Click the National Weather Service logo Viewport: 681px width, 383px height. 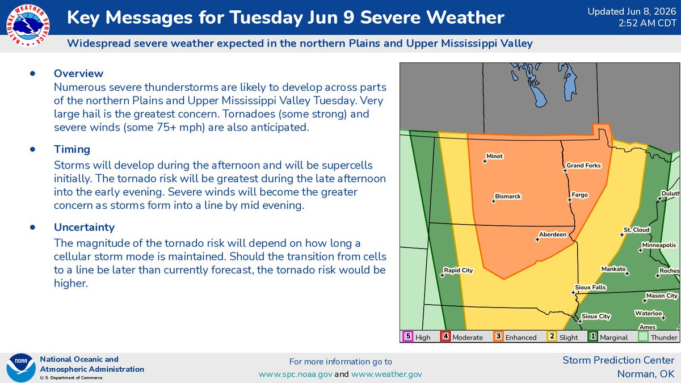pyautogui.click(x=28, y=26)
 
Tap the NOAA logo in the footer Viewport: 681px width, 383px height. pyautogui.click(x=21, y=368)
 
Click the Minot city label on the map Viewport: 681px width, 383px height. pyautogui.click(x=495, y=156)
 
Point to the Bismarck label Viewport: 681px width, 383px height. pyautogui.click(x=508, y=196)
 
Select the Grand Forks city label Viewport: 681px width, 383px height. pyautogui.click(x=583, y=165)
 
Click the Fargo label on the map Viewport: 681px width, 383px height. pyautogui.click(x=579, y=195)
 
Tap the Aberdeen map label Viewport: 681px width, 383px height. pyautogui.click(x=553, y=234)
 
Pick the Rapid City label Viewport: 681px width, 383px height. pyautogui.click(x=458, y=270)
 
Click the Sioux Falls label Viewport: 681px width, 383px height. pyautogui.click(x=590, y=287)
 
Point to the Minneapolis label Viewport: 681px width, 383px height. pyautogui.click(x=659, y=245)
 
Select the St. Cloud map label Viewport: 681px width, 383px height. pyautogui.click(x=637, y=230)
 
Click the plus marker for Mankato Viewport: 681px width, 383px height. pyautogui.click(x=627, y=273)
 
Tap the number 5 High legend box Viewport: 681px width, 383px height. pyautogui.click(x=408, y=336)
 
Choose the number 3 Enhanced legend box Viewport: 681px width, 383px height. pyautogui.click(x=498, y=336)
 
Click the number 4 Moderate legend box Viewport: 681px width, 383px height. pyautogui.click(x=445, y=336)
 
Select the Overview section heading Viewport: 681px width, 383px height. pyautogui.click(x=78, y=73)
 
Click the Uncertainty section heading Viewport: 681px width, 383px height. pyautogui.click(x=84, y=227)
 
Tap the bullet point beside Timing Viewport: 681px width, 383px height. pyautogui.click(x=32, y=149)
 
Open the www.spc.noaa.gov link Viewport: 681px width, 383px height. pyautogui.click(x=295, y=374)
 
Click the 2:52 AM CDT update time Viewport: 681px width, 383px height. pyautogui.click(x=648, y=23)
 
